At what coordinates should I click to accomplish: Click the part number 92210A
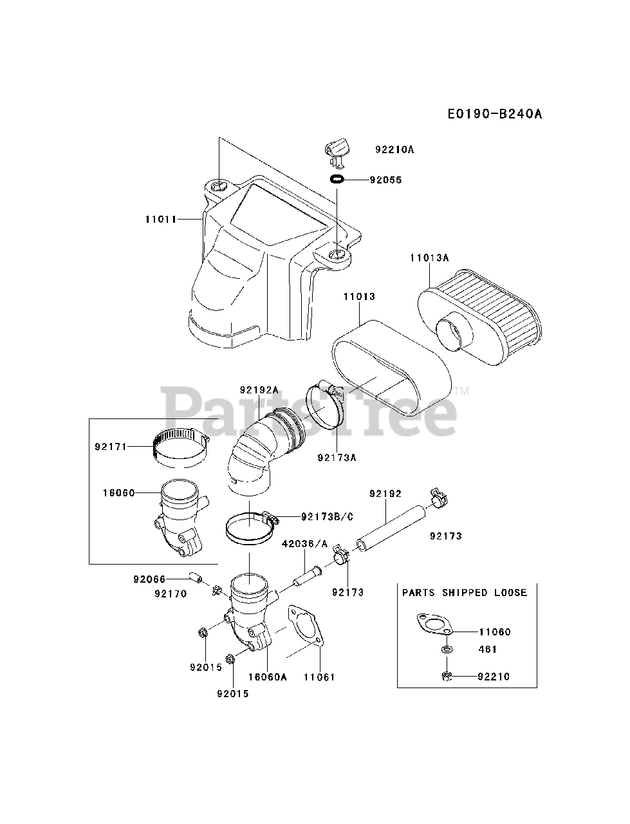394,149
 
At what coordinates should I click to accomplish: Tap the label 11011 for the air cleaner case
161,219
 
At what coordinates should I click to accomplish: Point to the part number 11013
358,297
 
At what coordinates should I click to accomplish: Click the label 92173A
337,458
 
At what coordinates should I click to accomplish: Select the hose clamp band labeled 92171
182,447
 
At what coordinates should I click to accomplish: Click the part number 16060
118,493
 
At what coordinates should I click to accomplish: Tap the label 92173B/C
327,516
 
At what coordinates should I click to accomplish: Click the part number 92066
149,579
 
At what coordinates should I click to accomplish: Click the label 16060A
266,677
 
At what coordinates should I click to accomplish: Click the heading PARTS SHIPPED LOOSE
465,592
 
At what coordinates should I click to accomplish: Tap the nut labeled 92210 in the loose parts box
446,675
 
